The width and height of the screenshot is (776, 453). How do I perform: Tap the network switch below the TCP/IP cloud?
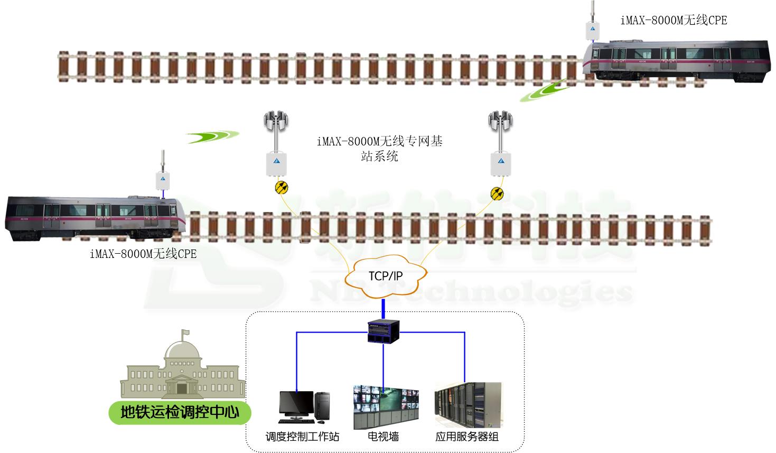click(x=384, y=332)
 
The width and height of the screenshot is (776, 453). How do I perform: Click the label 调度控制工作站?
click(x=302, y=437)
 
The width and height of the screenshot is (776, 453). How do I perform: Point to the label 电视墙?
click(x=384, y=437)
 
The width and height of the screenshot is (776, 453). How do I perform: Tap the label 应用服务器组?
click(x=467, y=437)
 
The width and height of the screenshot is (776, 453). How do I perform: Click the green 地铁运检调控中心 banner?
click(x=180, y=412)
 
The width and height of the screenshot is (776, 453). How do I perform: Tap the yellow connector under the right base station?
click(x=497, y=192)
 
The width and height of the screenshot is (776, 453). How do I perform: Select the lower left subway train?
click(x=95, y=217)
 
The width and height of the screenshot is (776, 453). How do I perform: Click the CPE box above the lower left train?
click(x=163, y=180)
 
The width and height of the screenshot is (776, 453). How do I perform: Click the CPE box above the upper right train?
click(x=593, y=30)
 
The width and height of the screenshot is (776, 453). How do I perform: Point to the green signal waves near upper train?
click(x=545, y=90)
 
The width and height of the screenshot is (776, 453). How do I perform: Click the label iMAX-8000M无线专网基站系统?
click(x=380, y=149)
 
